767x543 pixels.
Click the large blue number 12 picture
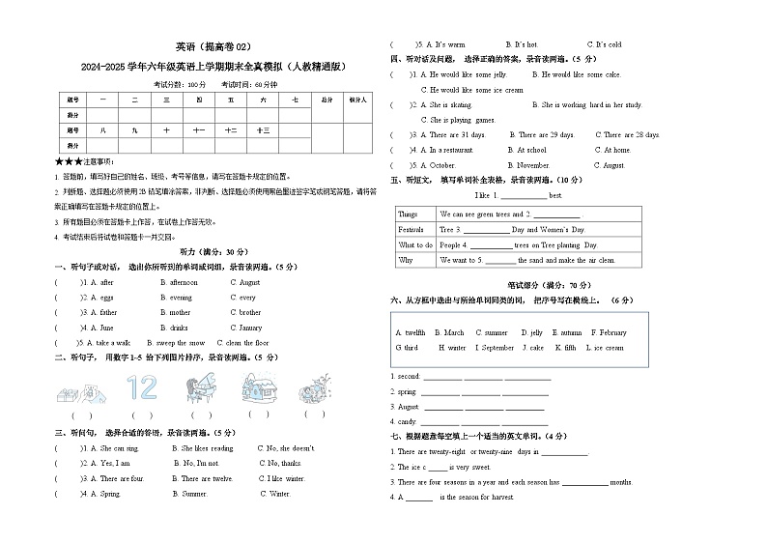141,388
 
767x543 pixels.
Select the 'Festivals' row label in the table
412,230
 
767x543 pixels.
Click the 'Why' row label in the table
406,261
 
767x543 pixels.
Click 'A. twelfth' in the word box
410,332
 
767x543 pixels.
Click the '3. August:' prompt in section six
406,407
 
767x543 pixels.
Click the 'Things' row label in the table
409,214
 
